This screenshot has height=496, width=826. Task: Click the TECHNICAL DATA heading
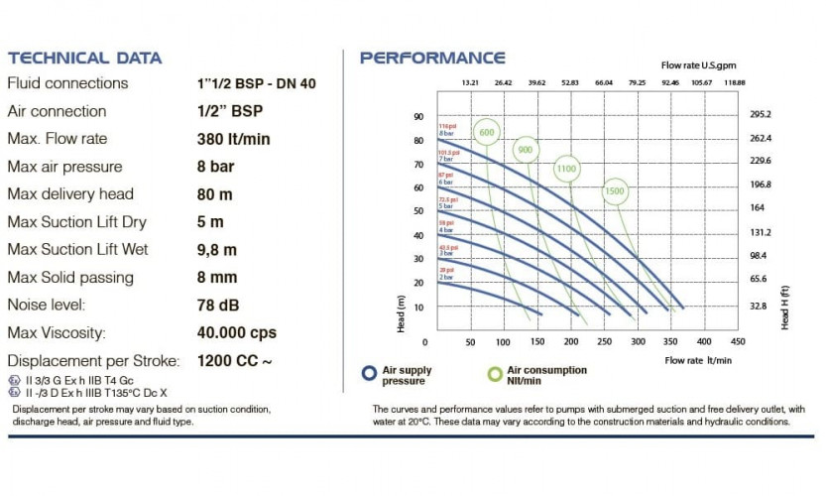[84, 58]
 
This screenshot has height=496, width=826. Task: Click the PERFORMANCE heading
[432, 58]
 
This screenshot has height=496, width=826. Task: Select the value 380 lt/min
[233, 139]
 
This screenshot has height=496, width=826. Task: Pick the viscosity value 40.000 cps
[237, 332]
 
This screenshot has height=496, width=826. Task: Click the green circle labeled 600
[486, 133]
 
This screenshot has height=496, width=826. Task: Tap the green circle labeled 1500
[615, 190]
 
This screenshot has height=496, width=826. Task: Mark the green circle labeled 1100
[566, 169]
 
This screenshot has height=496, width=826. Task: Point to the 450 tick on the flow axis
[737, 341]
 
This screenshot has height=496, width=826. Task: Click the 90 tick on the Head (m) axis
[417, 116]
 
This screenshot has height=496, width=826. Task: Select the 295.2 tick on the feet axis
[761, 114]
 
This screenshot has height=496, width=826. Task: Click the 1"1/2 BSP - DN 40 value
[257, 84]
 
